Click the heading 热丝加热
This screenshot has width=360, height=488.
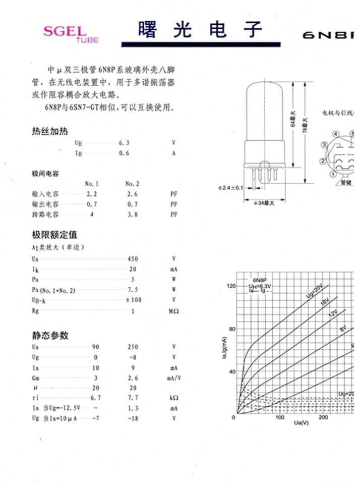click(x=49, y=132)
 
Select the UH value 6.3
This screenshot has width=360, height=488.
click(x=124, y=143)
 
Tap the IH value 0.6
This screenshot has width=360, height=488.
click(x=124, y=153)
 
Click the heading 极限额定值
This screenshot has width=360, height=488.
click(x=54, y=235)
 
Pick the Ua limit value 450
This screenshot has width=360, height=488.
click(x=133, y=259)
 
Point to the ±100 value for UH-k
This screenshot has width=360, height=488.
click(x=133, y=300)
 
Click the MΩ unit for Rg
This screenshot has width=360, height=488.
click(x=173, y=311)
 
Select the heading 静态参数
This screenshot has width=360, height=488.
click(x=50, y=336)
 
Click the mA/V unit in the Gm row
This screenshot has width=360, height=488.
click(x=174, y=377)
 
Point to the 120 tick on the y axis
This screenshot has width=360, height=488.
click(x=231, y=286)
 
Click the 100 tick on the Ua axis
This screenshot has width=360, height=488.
click(x=279, y=417)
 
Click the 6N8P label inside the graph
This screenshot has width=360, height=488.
click(x=259, y=280)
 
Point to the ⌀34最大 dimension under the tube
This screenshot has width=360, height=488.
click(x=264, y=203)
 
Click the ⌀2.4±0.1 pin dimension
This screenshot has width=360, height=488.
click(x=230, y=188)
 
